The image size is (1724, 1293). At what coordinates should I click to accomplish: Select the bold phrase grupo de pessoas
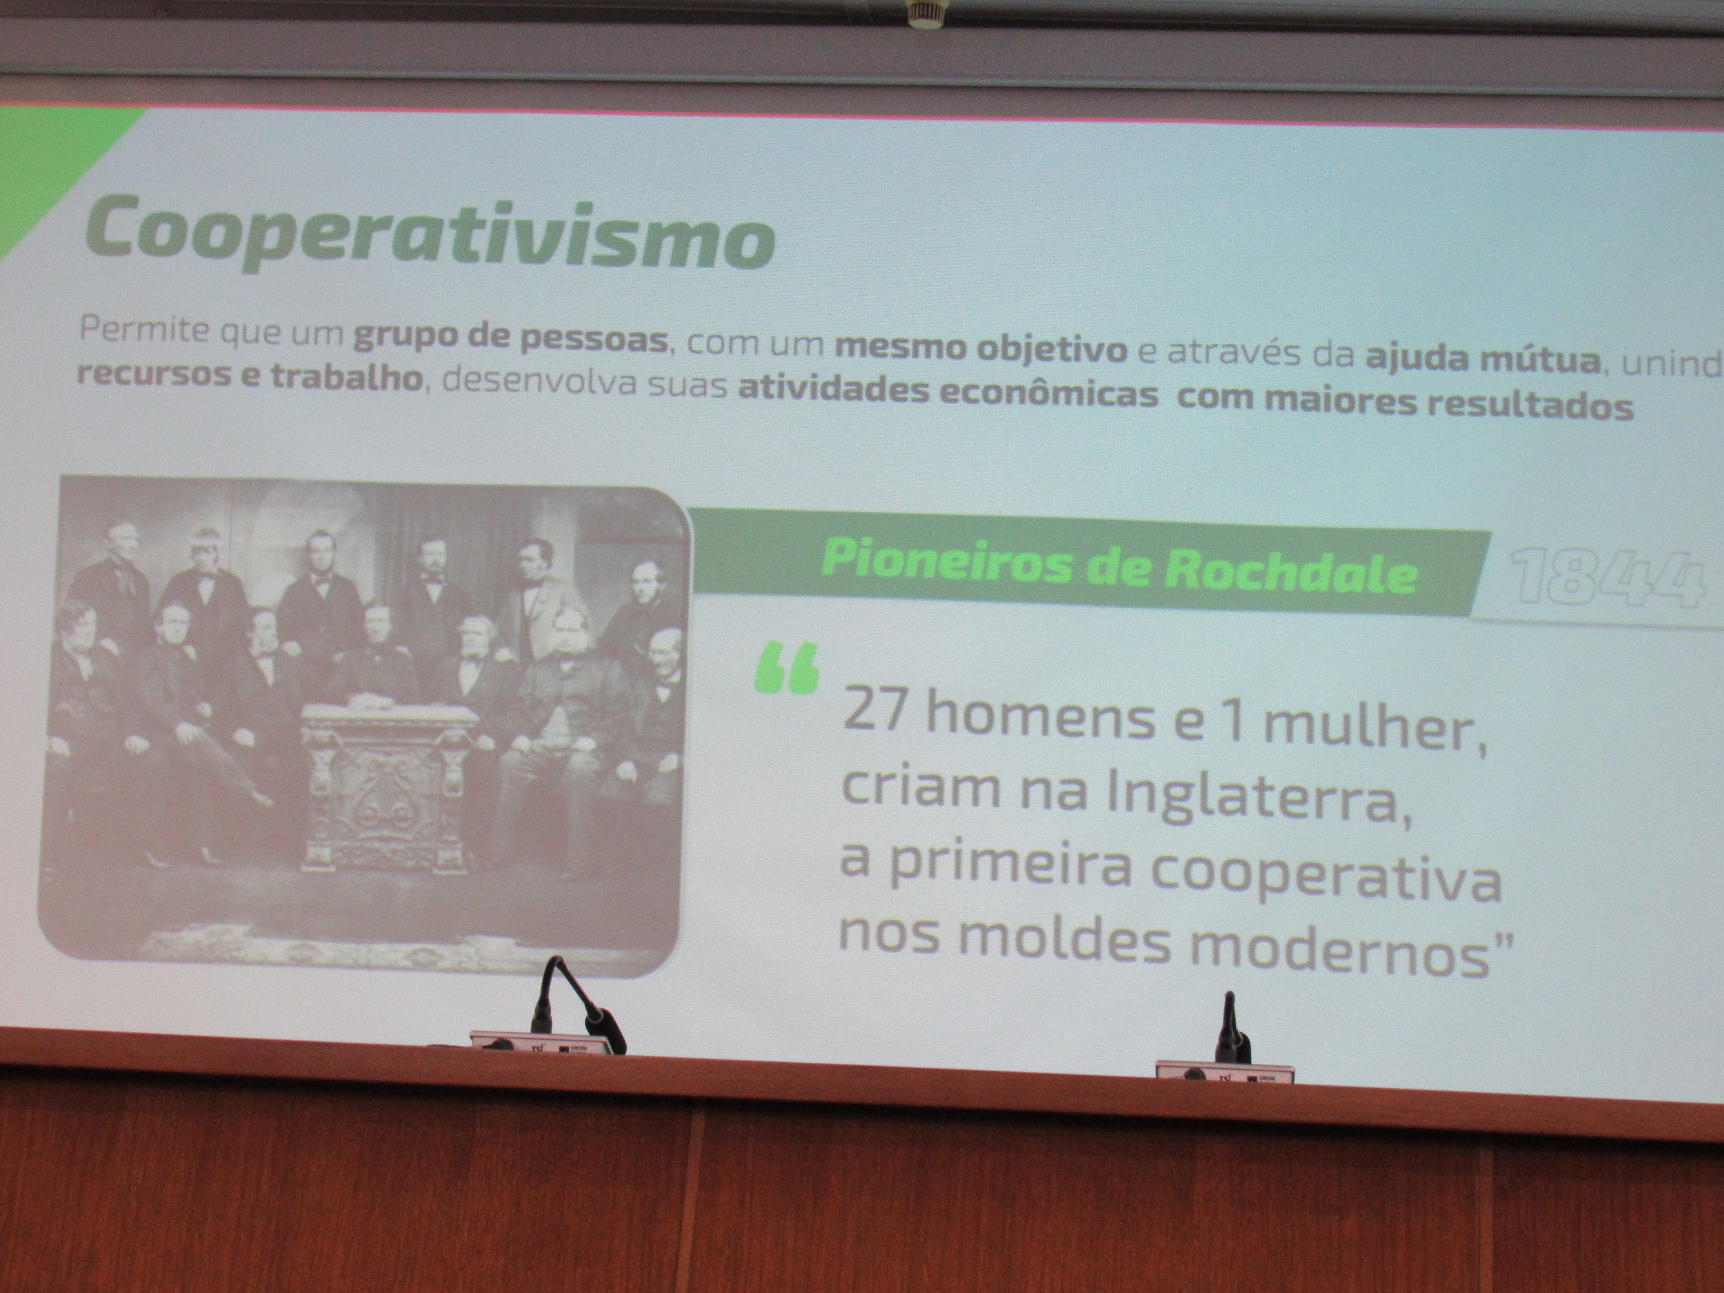pos(511,340)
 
